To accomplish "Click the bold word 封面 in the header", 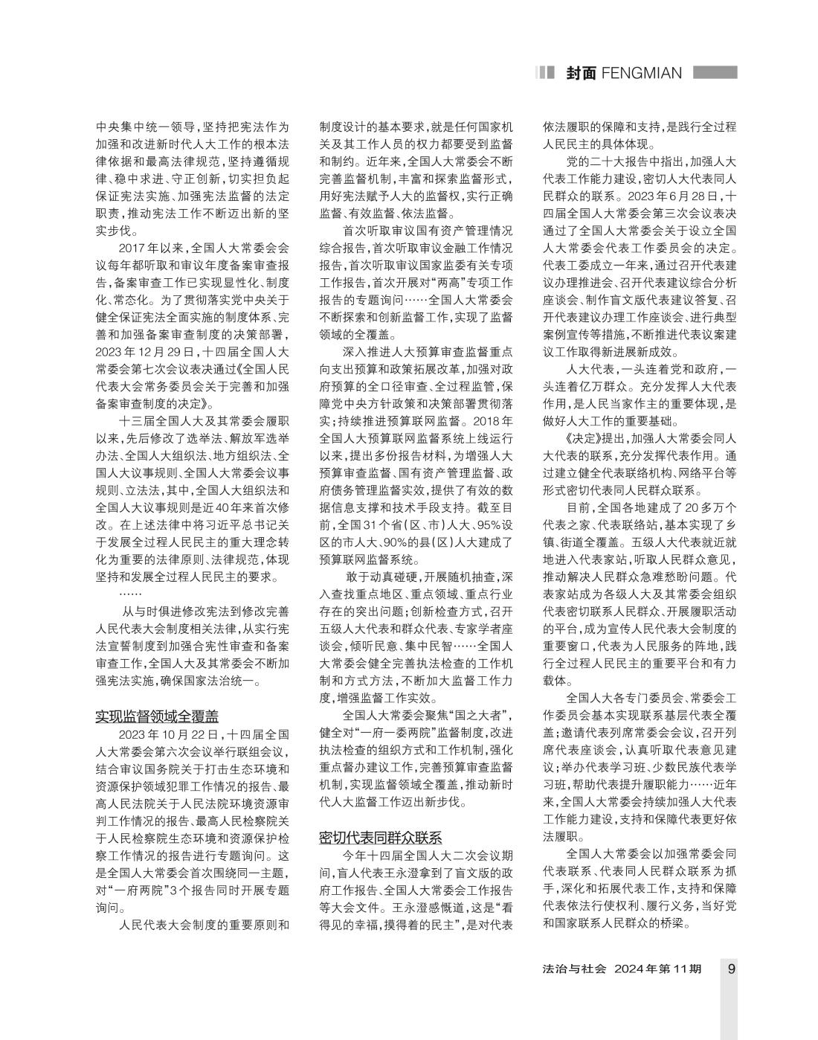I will [x=580, y=73].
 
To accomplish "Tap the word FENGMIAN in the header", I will [x=642, y=73].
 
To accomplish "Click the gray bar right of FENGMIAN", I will [x=715, y=72].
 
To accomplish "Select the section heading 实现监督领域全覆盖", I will [x=157, y=716].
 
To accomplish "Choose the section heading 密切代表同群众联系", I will [x=381, y=837].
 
